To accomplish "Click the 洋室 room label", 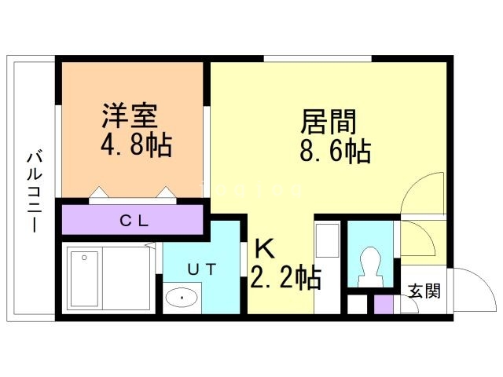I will click(x=130, y=116).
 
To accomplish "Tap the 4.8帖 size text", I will click(x=135, y=146).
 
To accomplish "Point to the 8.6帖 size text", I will click(x=335, y=152).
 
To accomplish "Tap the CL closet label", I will click(x=134, y=220).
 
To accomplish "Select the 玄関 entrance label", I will click(x=424, y=291).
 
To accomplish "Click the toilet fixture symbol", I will click(x=369, y=266).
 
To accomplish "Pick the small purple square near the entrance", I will click(x=382, y=304).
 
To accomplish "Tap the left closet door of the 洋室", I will click(x=99, y=193).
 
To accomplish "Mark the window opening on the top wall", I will click(x=318, y=59).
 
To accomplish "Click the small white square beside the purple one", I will click(x=358, y=304).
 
